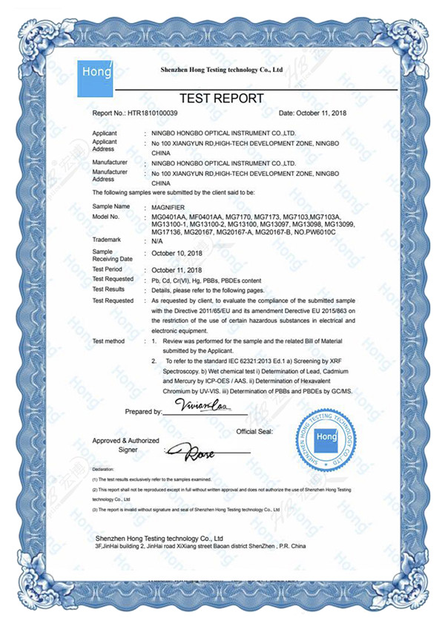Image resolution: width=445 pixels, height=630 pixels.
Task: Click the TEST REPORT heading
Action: pos(222,99)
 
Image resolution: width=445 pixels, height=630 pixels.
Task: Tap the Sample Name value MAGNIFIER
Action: pos(170,206)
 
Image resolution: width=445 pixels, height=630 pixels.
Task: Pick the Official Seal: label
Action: pos(255,431)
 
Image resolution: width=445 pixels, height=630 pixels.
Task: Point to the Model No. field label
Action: pos(105,216)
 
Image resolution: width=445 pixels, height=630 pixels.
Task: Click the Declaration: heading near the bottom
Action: pos(104,470)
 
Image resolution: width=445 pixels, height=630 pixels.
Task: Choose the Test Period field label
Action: pos(108,269)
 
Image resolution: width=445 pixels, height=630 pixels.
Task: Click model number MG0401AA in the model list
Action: pos(167,216)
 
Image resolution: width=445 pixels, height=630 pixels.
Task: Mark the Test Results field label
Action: pos(108,289)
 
